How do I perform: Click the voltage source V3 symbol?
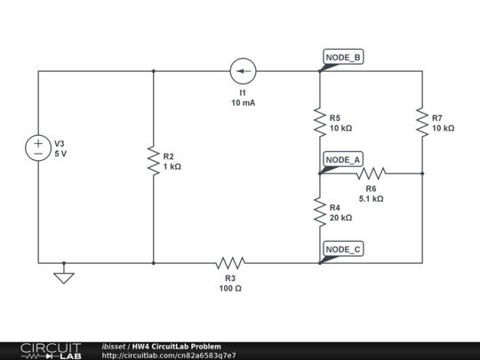pyautogui.click(x=38, y=148)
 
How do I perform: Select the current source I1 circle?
pyautogui.click(x=242, y=71)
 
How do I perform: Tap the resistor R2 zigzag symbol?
pyautogui.click(x=154, y=161)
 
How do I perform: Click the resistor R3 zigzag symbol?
pyautogui.click(x=230, y=263)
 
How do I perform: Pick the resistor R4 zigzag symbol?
pyautogui.click(x=320, y=212)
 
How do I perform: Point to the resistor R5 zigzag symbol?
pyautogui.click(x=320, y=122)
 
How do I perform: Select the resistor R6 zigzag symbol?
pyautogui.click(x=371, y=173)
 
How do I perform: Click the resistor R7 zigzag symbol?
pyautogui.click(x=422, y=122)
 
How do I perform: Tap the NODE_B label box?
pyautogui.click(x=343, y=58)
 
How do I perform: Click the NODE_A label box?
pyautogui.click(x=343, y=160)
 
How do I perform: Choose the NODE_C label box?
pyautogui.click(x=343, y=250)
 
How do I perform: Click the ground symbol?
pyautogui.click(x=64, y=276)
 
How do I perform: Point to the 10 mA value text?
pyautogui.click(x=243, y=103)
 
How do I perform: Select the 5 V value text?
pyautogui.click(x=60, y=154)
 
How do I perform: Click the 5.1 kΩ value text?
pyautogui.click(x=371, y=199)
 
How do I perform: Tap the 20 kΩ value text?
pyautogui.click(x=340, y=218)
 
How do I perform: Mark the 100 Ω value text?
pyautogui.click(x=230, y=289)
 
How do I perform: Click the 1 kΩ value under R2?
pyautogui.click(x=172, y=167)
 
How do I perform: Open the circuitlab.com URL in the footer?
pyautogui.click(x=169, y=356)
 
